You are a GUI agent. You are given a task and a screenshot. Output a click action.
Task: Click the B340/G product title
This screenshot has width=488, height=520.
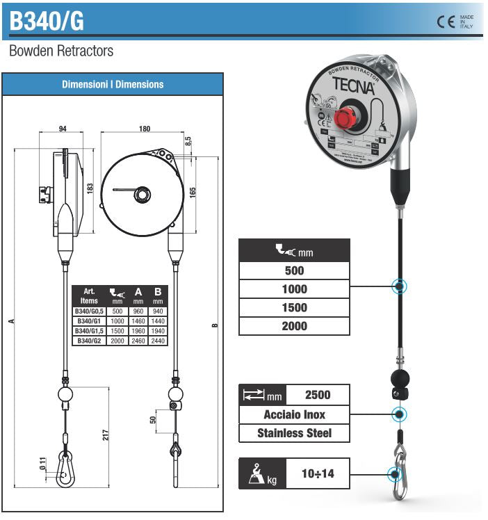coord(47,21)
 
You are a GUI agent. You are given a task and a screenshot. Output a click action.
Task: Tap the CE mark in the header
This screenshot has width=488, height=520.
coord(445,21)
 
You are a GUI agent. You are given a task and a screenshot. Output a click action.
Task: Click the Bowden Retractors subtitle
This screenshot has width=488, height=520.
coord(61,51)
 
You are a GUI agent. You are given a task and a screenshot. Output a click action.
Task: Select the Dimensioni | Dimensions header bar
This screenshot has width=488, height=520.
coord(113,84)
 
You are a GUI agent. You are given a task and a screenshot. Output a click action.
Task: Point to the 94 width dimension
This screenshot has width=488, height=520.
coord(63,129)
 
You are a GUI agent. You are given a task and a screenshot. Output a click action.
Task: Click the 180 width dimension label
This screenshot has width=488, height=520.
coord(145,129)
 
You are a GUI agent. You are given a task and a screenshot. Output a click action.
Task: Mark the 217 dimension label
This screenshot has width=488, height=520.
coord(106,434)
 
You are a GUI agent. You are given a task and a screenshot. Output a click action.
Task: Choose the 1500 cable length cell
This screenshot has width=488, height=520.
coord(294,307)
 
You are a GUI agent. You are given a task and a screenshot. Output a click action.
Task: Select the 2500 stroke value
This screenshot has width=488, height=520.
coord(317,395)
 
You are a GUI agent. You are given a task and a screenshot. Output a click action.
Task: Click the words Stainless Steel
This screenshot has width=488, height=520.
coord(294,433)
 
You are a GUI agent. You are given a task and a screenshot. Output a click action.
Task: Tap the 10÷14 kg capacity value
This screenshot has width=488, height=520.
coord(317,474)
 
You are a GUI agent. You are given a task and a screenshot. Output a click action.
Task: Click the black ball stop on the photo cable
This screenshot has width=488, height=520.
coord(399,379)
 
